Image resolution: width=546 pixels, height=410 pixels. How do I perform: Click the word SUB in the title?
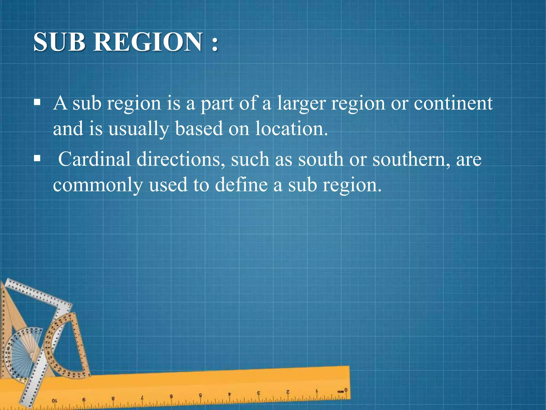[x=59, y=42]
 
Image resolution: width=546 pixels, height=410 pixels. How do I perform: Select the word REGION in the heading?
[x=148, y=42]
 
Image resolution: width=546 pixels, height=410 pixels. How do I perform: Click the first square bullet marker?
[x=37, y=102]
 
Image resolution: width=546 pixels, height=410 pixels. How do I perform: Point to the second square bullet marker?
[x=37, y=159]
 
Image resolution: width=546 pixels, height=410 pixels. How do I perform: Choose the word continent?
[x=453, y=103]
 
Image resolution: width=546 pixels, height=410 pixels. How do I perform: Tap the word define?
[x=241, y=185]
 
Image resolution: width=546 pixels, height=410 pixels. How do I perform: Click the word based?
[x=199, y=129]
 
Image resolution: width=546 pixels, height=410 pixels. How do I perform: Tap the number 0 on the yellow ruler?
[x=346, y=390]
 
